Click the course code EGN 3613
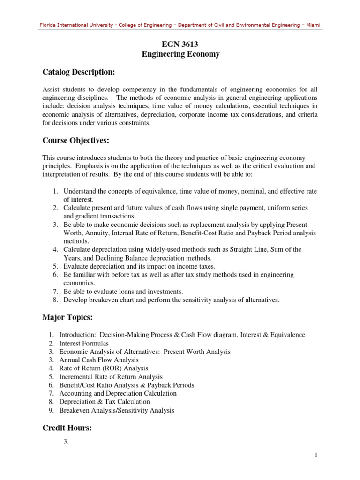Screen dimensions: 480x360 [x=180, y=45]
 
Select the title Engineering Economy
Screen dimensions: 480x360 [x=180, y=54]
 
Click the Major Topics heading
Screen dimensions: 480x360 [x=67, y=318]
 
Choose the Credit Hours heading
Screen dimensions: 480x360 [x=67, y=427]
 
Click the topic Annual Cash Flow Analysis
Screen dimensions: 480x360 [x=99, y=360]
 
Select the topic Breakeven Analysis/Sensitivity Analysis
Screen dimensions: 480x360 [x=117, y=410]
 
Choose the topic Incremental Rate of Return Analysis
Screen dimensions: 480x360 [x=111, y=377]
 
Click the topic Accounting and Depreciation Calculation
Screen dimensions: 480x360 [x=118, y=393]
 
